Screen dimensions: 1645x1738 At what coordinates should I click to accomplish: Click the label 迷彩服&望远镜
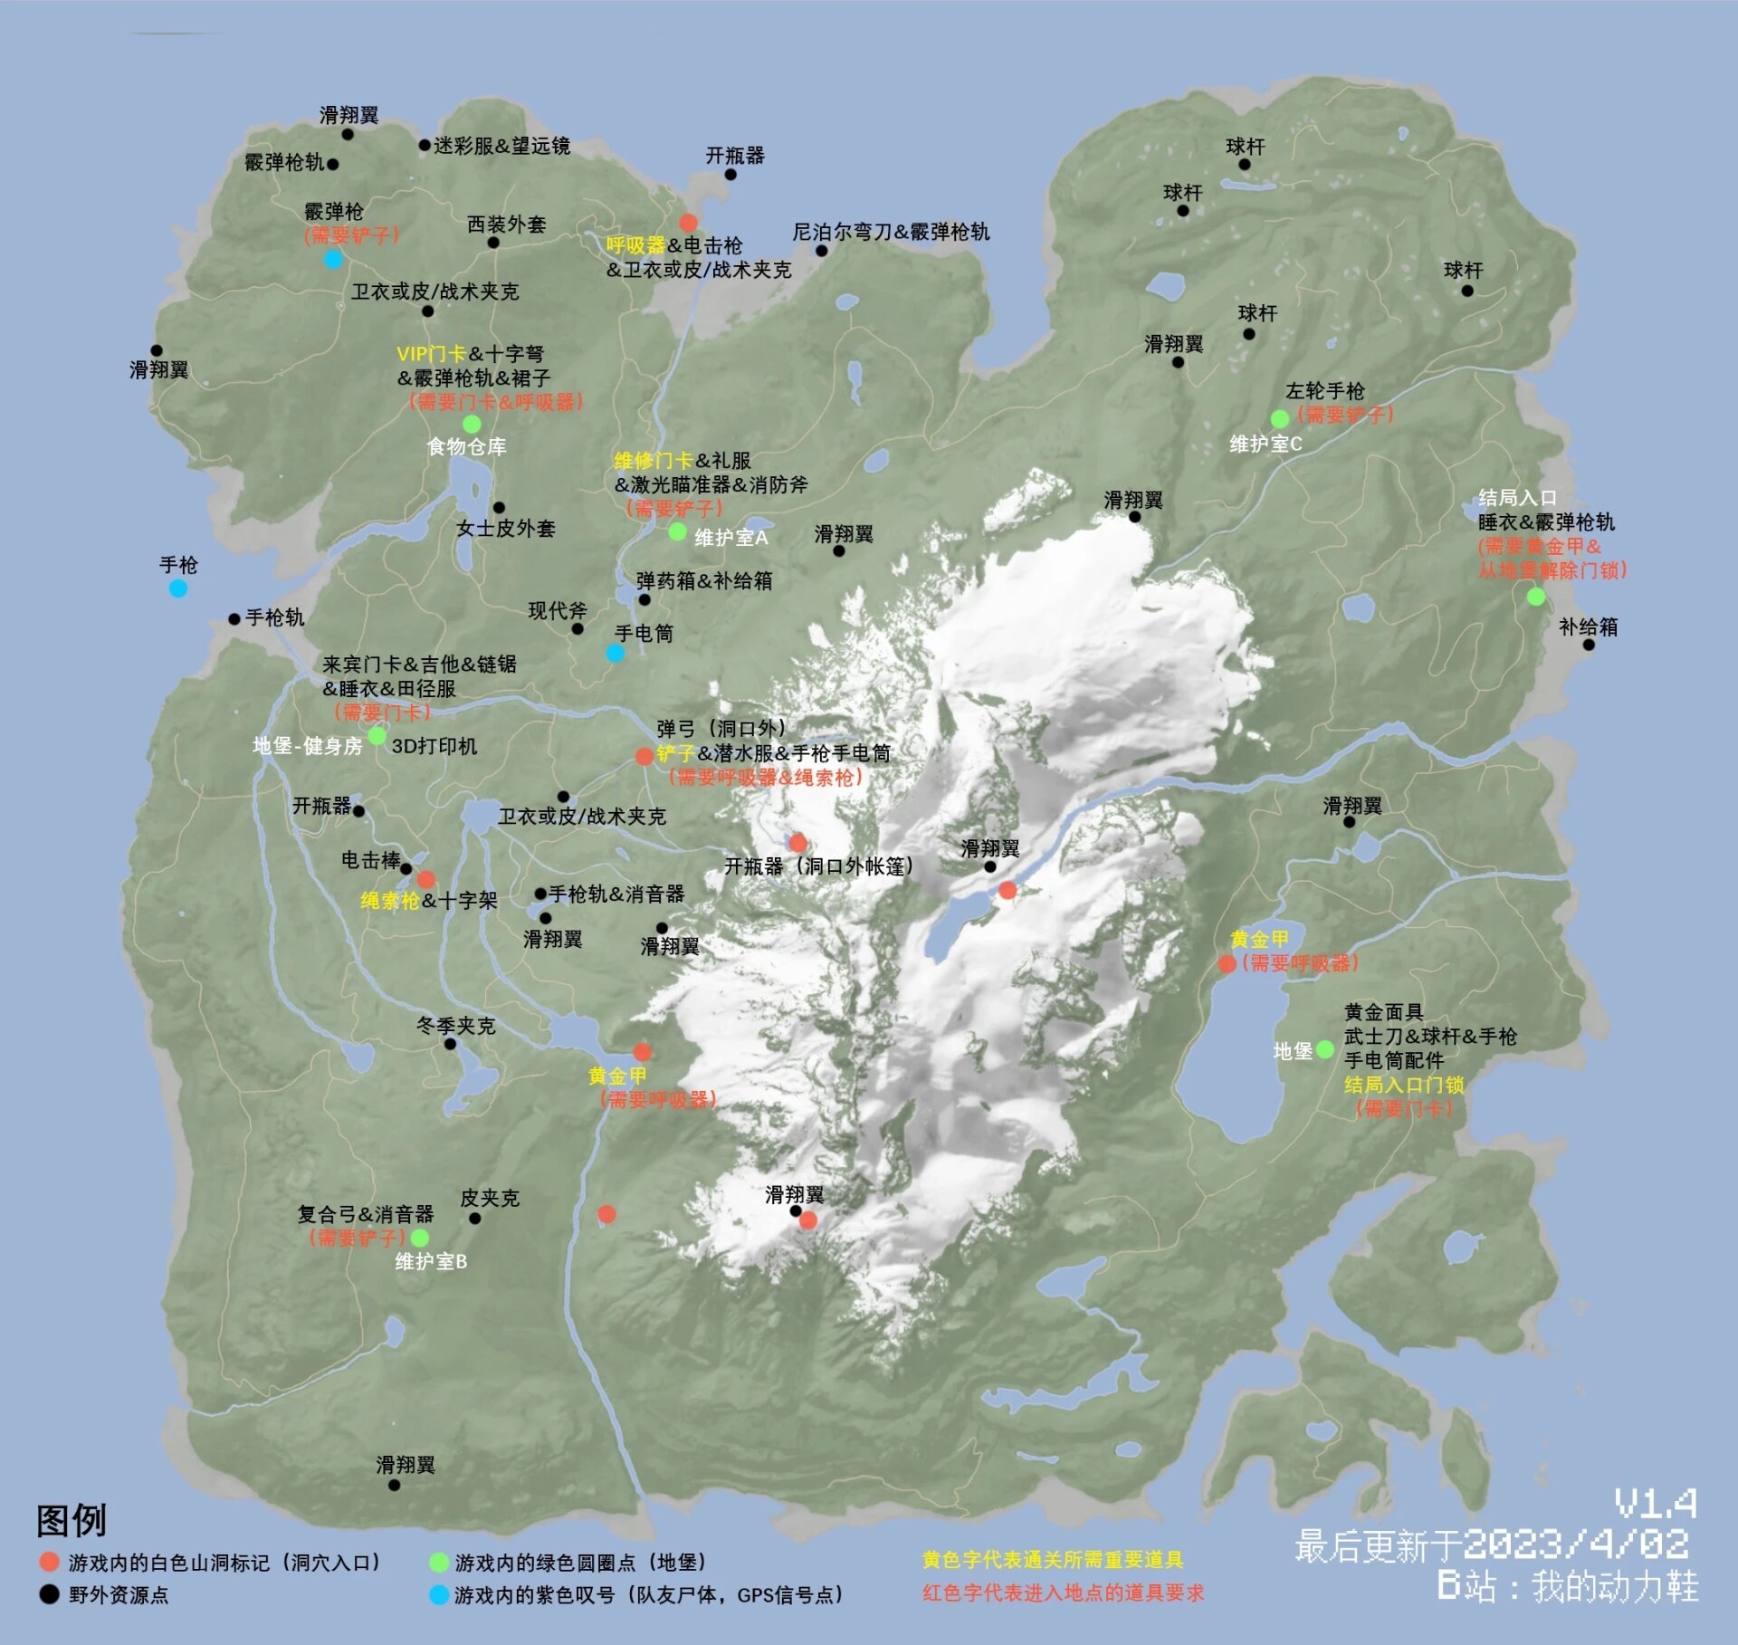(501, 146)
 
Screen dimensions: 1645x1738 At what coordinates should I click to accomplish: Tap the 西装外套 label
(506, 225)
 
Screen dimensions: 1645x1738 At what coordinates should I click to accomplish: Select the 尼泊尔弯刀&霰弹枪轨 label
(891, 232)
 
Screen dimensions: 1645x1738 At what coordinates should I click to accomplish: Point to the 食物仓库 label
(466, 446)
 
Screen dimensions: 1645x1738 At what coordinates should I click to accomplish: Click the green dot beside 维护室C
(1280, 419)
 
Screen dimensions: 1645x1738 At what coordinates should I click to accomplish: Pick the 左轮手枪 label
(1324, 391)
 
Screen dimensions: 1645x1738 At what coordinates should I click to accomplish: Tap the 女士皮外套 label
(505, 529)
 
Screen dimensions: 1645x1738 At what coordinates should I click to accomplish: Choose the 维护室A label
(731, 538)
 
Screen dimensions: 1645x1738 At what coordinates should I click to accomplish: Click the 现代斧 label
(558, 611)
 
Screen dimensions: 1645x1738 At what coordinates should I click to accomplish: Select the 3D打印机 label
(434, 746)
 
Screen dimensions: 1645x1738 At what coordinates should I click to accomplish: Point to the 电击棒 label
(370, 860)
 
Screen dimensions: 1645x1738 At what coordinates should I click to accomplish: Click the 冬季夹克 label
(455, 1026)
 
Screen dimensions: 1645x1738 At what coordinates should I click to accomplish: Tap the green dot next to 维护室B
(420, 1238)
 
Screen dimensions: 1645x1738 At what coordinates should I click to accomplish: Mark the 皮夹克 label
(490, 1198)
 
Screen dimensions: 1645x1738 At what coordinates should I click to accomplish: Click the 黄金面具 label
(1383, 1012)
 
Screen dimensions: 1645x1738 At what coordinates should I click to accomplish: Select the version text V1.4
(1656, 1505)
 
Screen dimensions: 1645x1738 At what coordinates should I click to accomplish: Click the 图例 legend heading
(72, 1521)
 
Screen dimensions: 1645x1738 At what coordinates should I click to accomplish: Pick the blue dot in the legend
(439, 1595)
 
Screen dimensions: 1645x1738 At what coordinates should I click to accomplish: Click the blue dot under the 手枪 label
(178, 589)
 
